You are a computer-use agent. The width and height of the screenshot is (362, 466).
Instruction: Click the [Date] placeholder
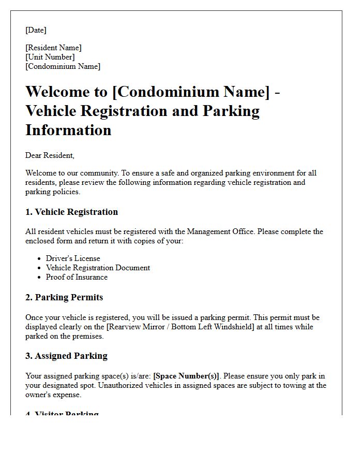coord(36,30)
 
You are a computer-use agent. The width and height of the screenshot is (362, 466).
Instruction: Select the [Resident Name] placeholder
coord(53,48)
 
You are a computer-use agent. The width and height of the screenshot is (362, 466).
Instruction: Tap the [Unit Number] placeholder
coord(50,57)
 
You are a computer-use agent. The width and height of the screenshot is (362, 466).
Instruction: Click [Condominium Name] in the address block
coord(63,66)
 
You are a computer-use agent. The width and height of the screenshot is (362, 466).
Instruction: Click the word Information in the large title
coord(68,129)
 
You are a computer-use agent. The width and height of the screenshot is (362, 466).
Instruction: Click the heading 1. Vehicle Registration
coord(71,212)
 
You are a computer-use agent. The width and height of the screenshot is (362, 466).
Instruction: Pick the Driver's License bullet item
coord(73,258)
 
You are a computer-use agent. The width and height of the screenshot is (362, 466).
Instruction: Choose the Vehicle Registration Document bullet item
coord(98,268)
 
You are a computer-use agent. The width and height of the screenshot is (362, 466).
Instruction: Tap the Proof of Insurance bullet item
coord(77,277)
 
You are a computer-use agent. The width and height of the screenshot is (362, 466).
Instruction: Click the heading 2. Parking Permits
coord(64,297)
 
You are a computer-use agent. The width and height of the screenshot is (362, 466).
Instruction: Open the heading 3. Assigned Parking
coord(66,356)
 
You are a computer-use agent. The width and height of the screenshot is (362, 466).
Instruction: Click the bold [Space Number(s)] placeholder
coord(186,376)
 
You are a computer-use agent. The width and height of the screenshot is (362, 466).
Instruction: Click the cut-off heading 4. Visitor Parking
coord(62,413)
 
